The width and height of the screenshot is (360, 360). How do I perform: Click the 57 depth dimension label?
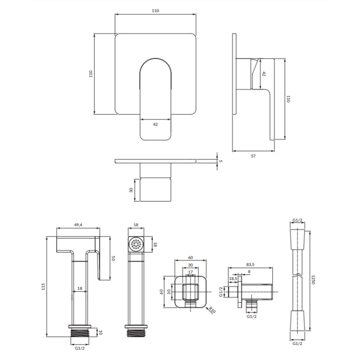pos(253,156)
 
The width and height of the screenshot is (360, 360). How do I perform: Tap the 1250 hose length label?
pos(312,279)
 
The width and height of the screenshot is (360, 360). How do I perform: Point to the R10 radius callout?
pos(212,310)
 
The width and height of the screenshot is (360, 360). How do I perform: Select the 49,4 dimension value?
pos(78,225)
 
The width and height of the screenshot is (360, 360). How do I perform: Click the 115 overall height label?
pos(43,286)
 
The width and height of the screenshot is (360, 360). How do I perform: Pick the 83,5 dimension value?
pos(250,264)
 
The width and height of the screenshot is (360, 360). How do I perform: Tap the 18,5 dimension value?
pos(233,278)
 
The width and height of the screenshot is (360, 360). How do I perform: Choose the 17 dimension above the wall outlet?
pos(190,272)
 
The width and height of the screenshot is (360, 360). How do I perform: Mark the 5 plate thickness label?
pos(220,161)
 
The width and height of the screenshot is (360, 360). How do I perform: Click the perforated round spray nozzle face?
pos(136,244)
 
